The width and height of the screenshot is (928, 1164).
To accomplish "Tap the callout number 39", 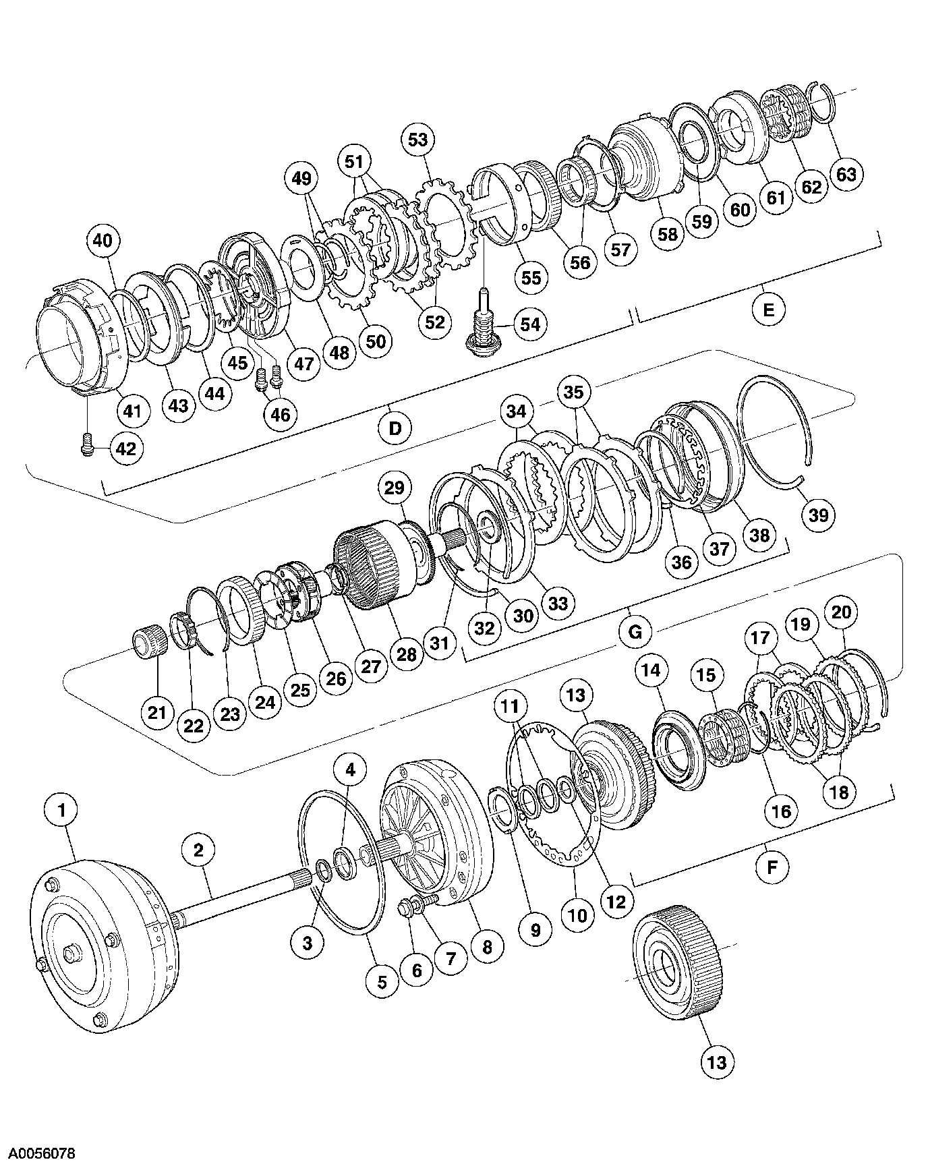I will pyautogui.click(x=818, y=515).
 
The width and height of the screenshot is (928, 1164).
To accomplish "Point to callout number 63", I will pyautogui.click(x=846, y=174).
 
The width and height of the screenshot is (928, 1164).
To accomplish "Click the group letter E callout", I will pyautogui.click(x=769, y=310).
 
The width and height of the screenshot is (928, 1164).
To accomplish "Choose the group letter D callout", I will pyautogui.click(x=395, y=428).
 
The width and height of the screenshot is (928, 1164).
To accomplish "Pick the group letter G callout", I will pyautogui.click(x=635, y=632).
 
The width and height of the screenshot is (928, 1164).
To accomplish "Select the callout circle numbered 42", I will pyautogui.click(x=126, y=448).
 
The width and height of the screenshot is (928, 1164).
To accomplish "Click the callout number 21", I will pyautogui.click(x=157, y=712).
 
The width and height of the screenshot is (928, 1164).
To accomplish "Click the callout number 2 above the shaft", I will pyautogui.click(x=198, y=849).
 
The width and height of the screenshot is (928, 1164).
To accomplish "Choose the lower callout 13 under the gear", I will pyautogui.click(x=716, y=1061).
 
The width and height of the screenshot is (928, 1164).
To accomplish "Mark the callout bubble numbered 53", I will pyautogui.click(x=418, y=140).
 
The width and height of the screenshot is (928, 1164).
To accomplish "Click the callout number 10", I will pyautogui.click(x=578, y=916).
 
